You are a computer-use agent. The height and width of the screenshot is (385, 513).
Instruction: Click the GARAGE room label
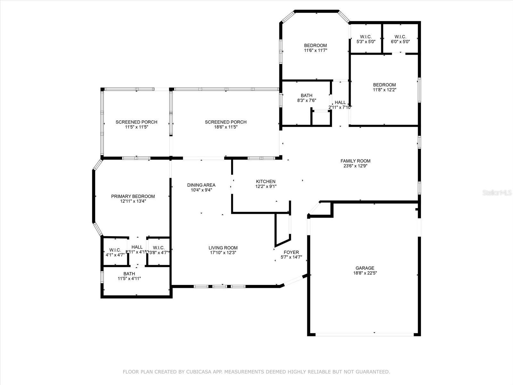point(365,268)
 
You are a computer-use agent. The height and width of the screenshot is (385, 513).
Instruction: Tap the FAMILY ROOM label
point(355,161)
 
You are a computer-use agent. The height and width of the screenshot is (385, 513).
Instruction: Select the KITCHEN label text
point(265,181)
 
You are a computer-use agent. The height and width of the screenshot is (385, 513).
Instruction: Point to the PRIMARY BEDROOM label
point(133,196)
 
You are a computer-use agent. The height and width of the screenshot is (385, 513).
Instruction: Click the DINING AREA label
point(201,185)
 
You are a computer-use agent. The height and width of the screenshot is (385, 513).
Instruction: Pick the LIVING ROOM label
point(223,247)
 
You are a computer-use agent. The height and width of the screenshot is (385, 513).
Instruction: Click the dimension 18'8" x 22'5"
point(365,273)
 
